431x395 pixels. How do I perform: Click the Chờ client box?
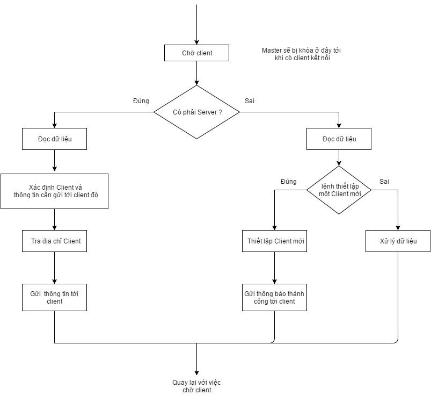196,53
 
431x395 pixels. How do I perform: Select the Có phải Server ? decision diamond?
196,112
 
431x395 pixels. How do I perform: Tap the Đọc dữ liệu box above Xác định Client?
54,139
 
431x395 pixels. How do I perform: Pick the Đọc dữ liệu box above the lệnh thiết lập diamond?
339,139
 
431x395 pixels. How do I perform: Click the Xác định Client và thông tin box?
54,191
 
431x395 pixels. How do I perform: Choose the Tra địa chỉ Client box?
54,241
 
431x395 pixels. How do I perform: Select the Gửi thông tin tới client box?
54,297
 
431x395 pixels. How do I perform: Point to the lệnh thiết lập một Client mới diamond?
339,190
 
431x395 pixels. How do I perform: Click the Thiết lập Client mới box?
274,241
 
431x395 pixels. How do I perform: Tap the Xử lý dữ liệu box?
398,241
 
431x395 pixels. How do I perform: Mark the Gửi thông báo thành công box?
274,297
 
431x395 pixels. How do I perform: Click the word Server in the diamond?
207,112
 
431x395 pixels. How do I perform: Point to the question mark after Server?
220,112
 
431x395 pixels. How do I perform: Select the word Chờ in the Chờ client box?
187,53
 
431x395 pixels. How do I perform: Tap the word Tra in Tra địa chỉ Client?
36,241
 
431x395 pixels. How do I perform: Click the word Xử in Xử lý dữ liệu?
384,241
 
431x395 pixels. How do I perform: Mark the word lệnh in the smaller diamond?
328,186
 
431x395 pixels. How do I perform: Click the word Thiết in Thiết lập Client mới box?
255,241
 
